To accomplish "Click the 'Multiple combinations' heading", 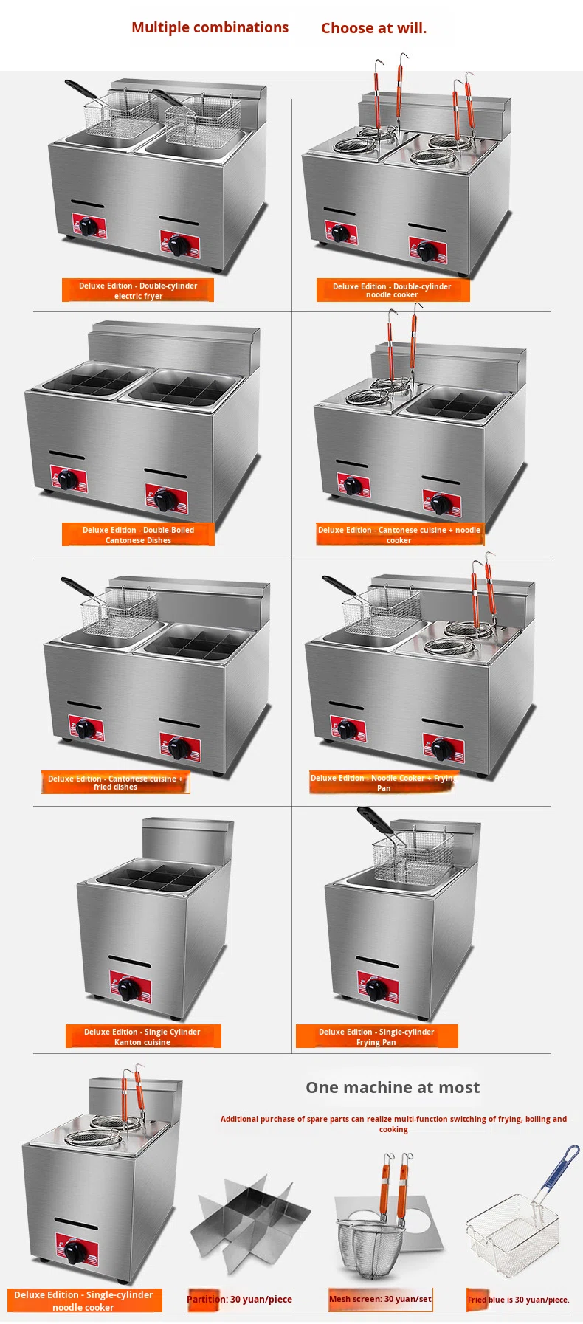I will (x=210, y=27).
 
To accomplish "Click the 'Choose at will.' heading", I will (x=373, y=28).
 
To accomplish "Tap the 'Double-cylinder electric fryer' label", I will (x=138, y=290).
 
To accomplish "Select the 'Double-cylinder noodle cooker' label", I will (x=393, y=290).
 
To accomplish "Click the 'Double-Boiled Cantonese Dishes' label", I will (x=138, y=534).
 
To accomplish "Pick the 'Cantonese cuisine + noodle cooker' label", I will (x=399, y=534).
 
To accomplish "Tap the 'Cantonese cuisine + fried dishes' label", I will (x=115, y=782).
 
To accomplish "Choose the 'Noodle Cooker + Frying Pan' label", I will (x=384, y=782).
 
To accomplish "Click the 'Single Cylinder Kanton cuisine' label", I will (x=142, y=1036).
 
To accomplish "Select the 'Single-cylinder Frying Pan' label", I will (x=376, y=1036).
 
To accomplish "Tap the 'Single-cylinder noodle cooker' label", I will (x=83, y=1300).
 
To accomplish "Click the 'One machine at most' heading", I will (x=393, y=1087).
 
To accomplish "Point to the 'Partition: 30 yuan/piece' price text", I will (x=239, y=1299).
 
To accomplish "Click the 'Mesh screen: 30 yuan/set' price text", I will (x=380, y=1298).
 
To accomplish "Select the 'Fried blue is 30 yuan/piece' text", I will (x=518, y=1300).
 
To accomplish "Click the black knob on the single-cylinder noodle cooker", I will (x=75, y=1252).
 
